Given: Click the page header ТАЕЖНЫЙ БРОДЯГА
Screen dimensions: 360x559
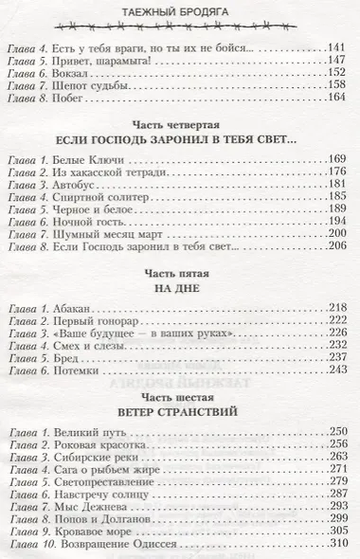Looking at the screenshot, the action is coord(180,10).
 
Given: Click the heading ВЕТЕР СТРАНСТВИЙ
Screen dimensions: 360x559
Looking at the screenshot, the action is coord(180,442).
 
